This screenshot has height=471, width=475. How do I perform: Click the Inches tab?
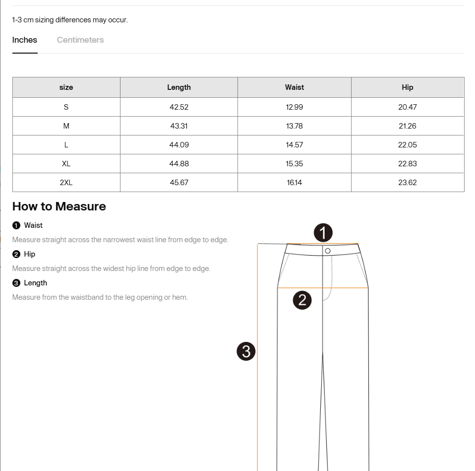[x=25, y=40]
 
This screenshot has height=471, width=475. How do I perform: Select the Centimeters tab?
[x=80, y=40]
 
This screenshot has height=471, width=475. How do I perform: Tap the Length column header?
[x=179, y=87]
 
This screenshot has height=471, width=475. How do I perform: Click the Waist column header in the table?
[x=295, y=87]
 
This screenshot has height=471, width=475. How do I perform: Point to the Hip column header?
[x=408, y=87]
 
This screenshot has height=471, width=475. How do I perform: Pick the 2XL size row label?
[x=66, y=183]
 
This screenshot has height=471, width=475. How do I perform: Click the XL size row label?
[x=66, y=164]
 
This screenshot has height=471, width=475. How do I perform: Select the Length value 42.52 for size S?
[x=179, y=107]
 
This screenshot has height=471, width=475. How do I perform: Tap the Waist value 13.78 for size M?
[x=295, y=126]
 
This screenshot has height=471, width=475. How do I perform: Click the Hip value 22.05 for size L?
[x=408, y=145]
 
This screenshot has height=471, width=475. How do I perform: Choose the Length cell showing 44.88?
[x=179, y=164]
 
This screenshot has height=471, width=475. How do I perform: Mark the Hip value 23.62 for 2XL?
[x=408, y=183]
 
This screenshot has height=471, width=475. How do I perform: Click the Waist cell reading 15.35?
[x=295, y=164]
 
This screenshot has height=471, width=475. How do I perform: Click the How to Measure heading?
[x=59, y=206]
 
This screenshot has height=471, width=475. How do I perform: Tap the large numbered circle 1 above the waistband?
[x=323, y=233]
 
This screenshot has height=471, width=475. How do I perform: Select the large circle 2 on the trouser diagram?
[x=302, y=300]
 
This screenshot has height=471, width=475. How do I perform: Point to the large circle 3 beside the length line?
[x=246, y=351]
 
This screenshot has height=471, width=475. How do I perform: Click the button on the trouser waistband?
[x=328, y=251]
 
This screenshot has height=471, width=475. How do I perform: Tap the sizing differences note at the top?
[x=70, y=20]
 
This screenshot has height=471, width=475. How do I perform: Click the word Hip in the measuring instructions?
[x=30, y=254]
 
